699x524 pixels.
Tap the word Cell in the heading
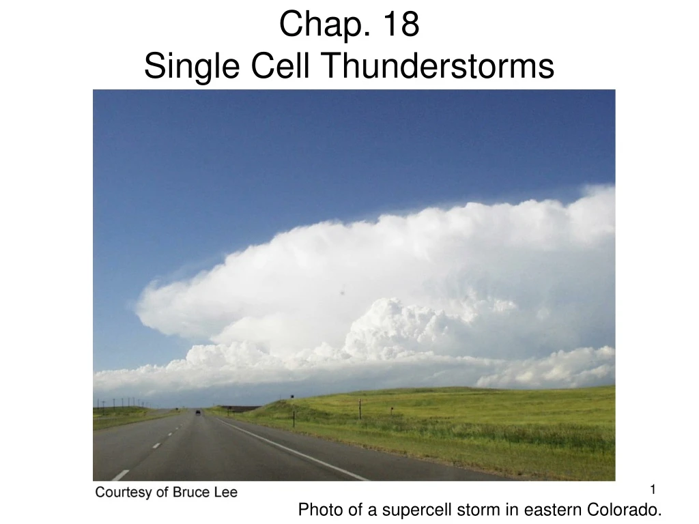tap(269, 67)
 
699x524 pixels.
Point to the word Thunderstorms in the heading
tap(436, 67)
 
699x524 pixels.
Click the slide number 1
tap(653, 489)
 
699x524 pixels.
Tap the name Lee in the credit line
tap(226, 492)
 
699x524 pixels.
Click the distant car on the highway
tap(198, 412)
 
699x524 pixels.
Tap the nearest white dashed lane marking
tap(121, 475)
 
